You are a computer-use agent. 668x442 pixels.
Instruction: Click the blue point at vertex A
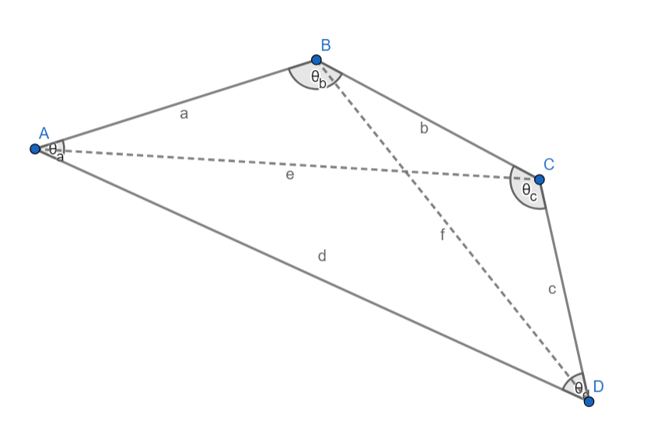click(35, 149)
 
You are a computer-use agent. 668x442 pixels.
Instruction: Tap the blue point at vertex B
click(317, 60)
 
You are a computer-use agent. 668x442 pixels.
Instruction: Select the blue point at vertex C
click(539, 179)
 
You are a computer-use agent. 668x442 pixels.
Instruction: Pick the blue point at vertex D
click(589, 402)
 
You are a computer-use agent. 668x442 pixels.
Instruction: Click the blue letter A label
click(44, 133)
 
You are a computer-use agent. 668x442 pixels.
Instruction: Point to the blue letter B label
click(326, 44)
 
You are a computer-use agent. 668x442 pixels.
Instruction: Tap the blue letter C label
click(549, 164)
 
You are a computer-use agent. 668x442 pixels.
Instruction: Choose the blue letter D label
click(598, 386)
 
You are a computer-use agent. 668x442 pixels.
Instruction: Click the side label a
click(184, 114)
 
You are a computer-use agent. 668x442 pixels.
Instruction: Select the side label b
click(424, 128)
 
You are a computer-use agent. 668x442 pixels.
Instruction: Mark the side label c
click(551, 289)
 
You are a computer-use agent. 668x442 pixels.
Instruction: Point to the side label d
click(321, 255)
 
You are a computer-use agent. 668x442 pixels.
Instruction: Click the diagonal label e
click(289, 175)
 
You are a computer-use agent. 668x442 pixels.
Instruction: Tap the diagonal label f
click(442, 235)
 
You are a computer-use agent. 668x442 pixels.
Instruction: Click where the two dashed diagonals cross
click(403, 170)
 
